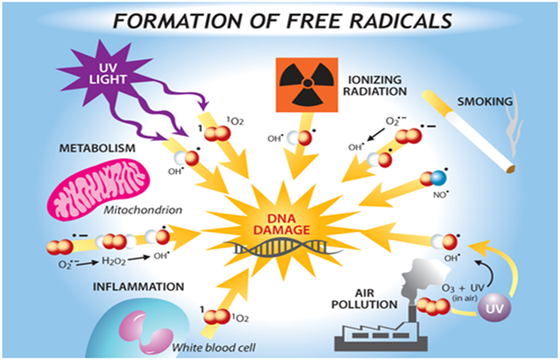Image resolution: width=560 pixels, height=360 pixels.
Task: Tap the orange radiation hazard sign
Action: click(306, 85)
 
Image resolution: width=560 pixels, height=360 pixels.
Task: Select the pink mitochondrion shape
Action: click(99, 190)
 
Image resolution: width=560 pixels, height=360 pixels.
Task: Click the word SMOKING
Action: click(485, 102)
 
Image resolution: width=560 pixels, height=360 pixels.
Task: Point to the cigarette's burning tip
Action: click(510, 168)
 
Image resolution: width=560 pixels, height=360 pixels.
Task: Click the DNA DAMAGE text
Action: click(282, 224)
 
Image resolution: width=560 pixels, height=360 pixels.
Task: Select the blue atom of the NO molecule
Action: click(438, 178)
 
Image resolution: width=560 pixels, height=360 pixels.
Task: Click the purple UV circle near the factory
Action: click(494, 307)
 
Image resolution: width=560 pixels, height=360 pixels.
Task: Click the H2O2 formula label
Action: click(114, 261)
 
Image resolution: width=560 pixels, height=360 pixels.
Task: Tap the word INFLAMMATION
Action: click(138, 286)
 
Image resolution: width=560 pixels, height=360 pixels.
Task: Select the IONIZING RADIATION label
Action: click(374, 86)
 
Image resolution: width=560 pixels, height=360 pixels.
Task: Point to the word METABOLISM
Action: click(97, 148)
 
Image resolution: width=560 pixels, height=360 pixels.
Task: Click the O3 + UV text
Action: click(463, 287)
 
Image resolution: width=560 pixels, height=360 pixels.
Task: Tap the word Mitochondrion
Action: click(143, 210)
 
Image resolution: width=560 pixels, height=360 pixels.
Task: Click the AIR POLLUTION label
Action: click(364, 299)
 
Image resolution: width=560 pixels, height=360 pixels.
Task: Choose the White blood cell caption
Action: click(214, 347)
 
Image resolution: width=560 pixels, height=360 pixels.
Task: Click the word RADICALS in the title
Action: click(401, 21)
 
